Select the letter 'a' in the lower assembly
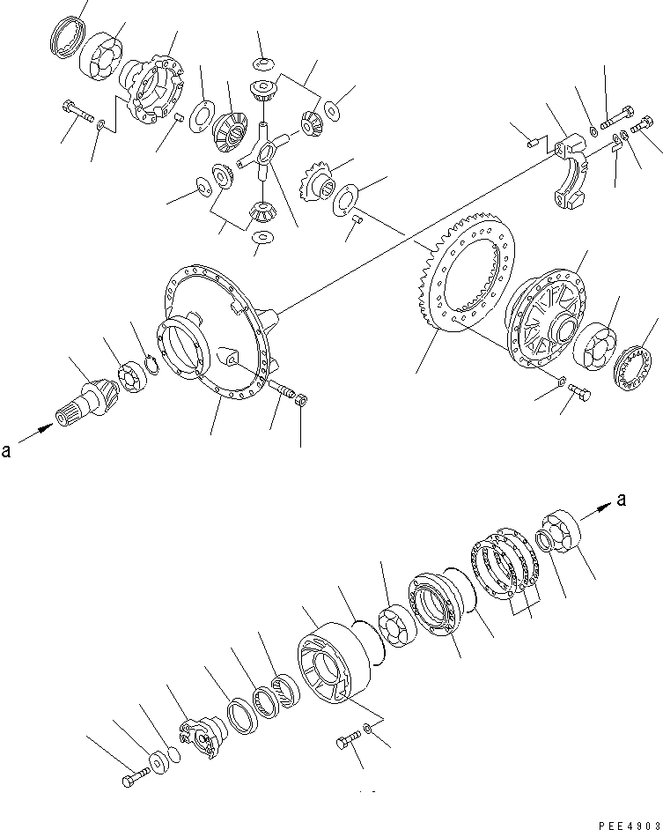(622, 500)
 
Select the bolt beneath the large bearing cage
(346, 742)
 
